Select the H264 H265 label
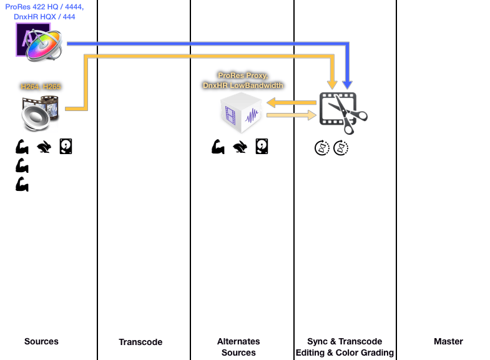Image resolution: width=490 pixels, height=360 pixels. [41, 87]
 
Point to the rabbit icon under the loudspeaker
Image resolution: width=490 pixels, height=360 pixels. [44, 147]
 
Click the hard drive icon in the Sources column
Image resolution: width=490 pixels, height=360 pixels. [66, 147]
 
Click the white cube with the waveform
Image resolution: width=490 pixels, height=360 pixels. [241, 113]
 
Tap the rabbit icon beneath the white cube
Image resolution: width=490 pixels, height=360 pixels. [240, 147]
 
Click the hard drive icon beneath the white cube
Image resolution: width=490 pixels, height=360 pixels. [262, 147]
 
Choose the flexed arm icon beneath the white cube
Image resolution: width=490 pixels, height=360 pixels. [218, 147]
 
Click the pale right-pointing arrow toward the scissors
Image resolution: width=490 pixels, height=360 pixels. [290, 115]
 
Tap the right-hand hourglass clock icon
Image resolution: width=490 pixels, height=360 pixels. [341, 148]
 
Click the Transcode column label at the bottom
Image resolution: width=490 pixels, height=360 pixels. [140, 342]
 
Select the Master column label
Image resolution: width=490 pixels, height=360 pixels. [448, 341]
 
